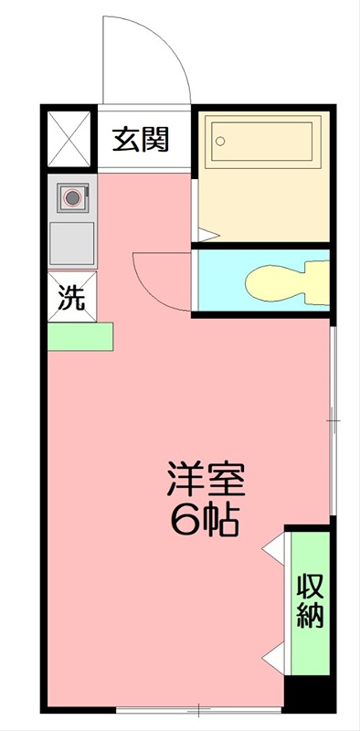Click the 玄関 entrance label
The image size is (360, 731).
[x=141, y=140]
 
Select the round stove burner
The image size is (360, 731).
[x=70, y=196]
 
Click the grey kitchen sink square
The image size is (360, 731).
[x=70, y=243]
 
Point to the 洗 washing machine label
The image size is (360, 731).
[x=71, y=297]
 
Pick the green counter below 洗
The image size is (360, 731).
[x=80, y=335]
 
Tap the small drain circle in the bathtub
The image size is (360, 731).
[x=219, y=141]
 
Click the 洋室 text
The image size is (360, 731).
[x=206, y=479]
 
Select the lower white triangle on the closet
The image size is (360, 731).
[x=273, y=657]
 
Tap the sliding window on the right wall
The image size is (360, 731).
[x=333, y=420]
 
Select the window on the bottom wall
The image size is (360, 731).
[x=196, y=709]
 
